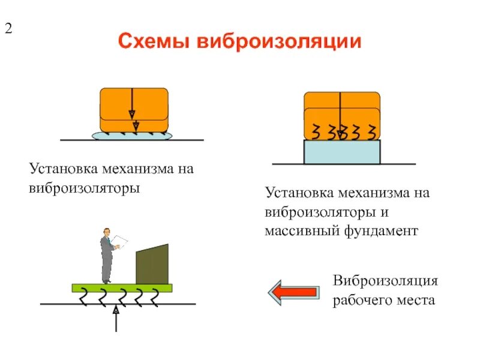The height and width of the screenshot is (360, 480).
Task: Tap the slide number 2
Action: coord(9,28)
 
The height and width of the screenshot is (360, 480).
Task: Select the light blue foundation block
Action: coord(342,152)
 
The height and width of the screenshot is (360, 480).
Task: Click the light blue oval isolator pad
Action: coord(132,136)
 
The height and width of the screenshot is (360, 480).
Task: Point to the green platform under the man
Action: coord(122,287)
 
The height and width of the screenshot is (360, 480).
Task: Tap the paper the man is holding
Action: coord(121,241)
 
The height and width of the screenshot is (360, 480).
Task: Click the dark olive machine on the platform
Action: coord(152,265)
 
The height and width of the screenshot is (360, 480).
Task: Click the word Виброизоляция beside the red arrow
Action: coord(386,281)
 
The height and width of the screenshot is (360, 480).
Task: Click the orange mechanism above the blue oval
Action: coord(134,108)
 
